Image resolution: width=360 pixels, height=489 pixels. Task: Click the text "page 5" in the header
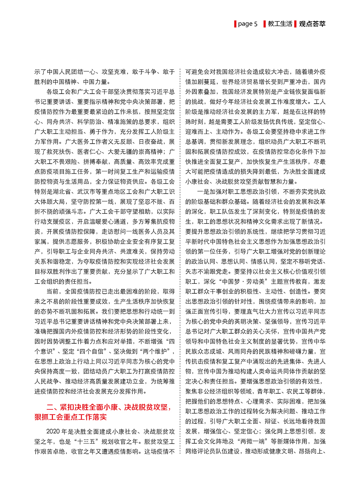pos(248,24)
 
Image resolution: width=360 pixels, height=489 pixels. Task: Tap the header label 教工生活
pos(280,24)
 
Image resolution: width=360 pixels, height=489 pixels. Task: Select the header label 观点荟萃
pos(312,24)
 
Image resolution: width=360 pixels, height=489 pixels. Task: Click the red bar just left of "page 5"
pos(235,24)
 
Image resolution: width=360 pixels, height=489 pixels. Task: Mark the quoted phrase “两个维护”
pos(158,351)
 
